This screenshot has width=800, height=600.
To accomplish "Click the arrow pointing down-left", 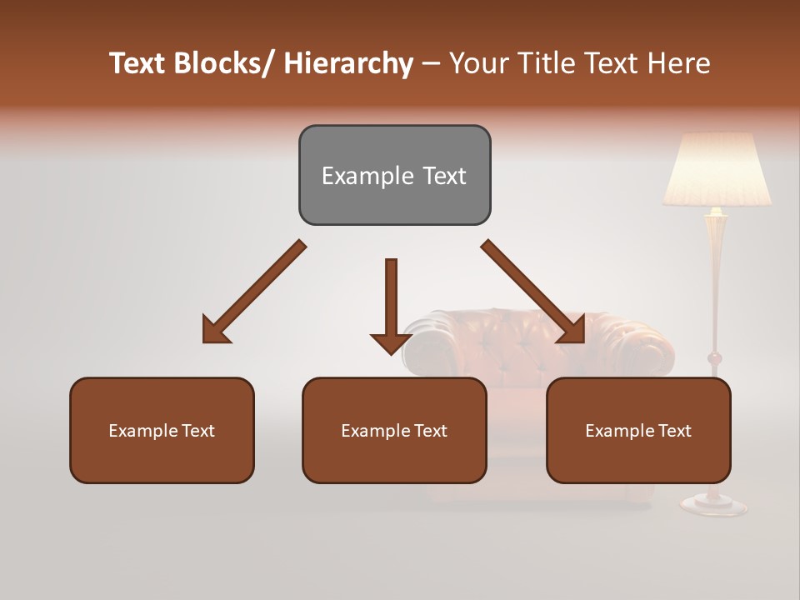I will point(254,292).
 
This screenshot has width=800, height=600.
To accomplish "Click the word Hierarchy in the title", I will point(347,63).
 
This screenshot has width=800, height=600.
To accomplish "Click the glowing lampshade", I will point(716,171).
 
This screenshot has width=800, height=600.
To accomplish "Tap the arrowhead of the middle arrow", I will point(391,342).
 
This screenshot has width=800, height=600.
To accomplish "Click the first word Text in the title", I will point(137,63).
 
